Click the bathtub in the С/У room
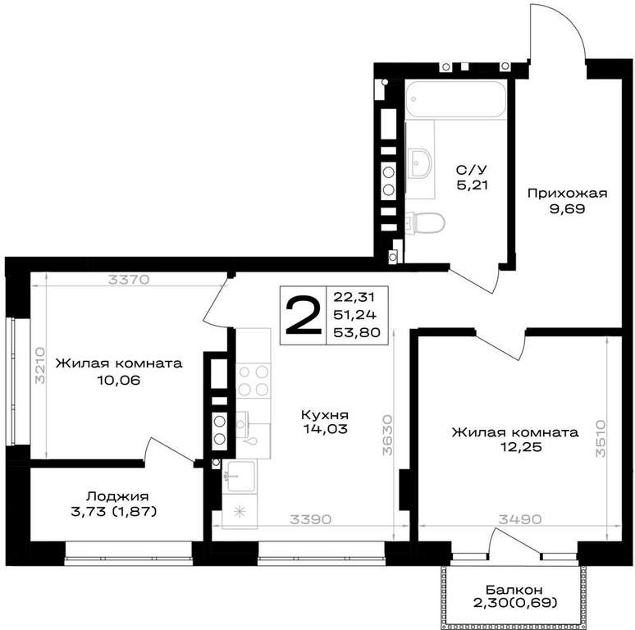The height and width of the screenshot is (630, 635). click(456, 99)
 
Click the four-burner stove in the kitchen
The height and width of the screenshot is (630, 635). click(254, 381)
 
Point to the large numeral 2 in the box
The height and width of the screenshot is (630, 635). click(303, 315)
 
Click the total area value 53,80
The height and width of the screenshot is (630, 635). click(357, 333)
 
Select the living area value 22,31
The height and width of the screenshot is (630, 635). click(354, 297)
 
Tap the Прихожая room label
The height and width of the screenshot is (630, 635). click(568, 194)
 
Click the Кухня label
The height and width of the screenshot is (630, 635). click(325, 415)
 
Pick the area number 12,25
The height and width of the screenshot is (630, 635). click(520, 447)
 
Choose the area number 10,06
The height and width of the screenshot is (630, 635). click(118, 380)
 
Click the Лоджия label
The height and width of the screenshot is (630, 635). click(117, 496)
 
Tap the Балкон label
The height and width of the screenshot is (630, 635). click(514, 590)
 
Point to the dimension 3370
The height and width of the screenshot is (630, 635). click(129, 280)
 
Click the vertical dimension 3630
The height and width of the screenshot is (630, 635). click(388, 435)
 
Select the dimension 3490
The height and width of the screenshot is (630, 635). click(519, 519)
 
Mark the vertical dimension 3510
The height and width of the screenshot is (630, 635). click(601, 439)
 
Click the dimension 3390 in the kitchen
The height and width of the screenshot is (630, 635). click(311, 519)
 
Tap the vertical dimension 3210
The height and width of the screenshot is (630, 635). click(39, 365)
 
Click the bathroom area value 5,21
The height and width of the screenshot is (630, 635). click(473, 185)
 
